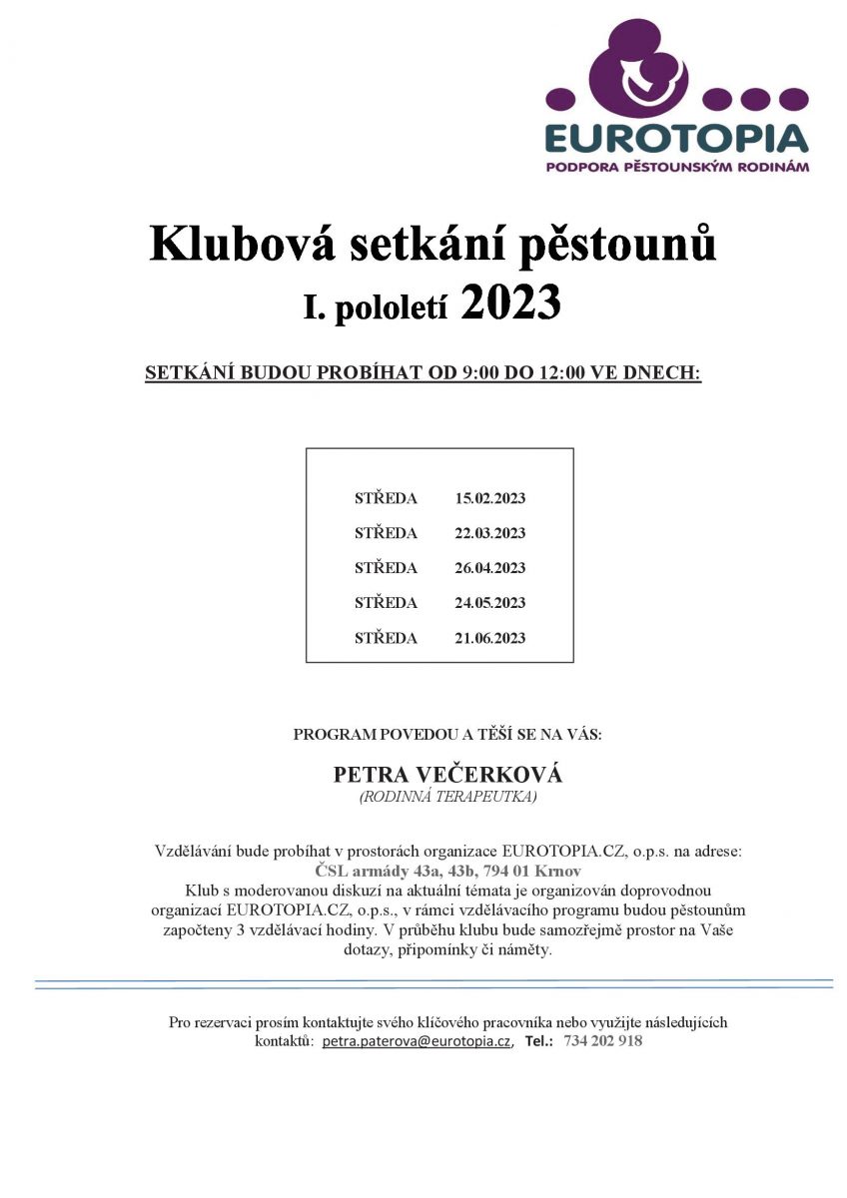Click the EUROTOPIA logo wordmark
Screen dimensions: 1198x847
677,138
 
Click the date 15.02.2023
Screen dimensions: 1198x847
489,498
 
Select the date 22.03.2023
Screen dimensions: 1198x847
489,533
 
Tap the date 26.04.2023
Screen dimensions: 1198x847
489,568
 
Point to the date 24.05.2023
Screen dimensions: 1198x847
489,603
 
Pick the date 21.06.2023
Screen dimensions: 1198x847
489,638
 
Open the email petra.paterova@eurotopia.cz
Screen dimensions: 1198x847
417,1040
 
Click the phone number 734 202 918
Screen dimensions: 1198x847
603,1040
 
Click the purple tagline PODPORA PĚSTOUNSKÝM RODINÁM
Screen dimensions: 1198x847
677,167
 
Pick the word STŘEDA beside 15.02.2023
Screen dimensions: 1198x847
386,498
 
